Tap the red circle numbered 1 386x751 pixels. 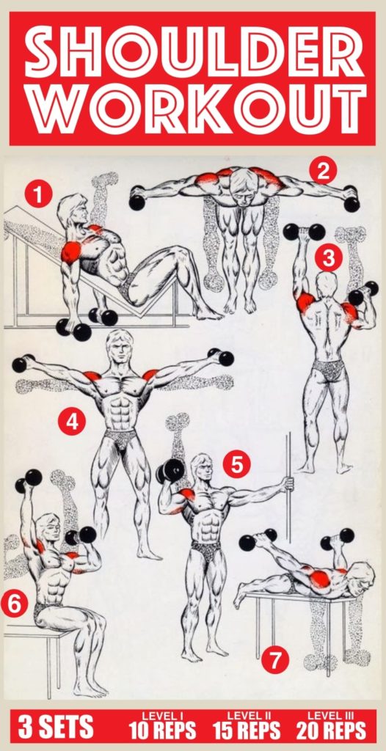(37, 194)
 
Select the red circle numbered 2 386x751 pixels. (321, 170)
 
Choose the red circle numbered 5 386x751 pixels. (236, 464)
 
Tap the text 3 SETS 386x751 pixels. (57, 728)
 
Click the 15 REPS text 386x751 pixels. (247, 731)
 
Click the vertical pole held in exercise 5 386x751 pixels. (288, 484)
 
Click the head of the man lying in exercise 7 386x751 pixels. (360, 577)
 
